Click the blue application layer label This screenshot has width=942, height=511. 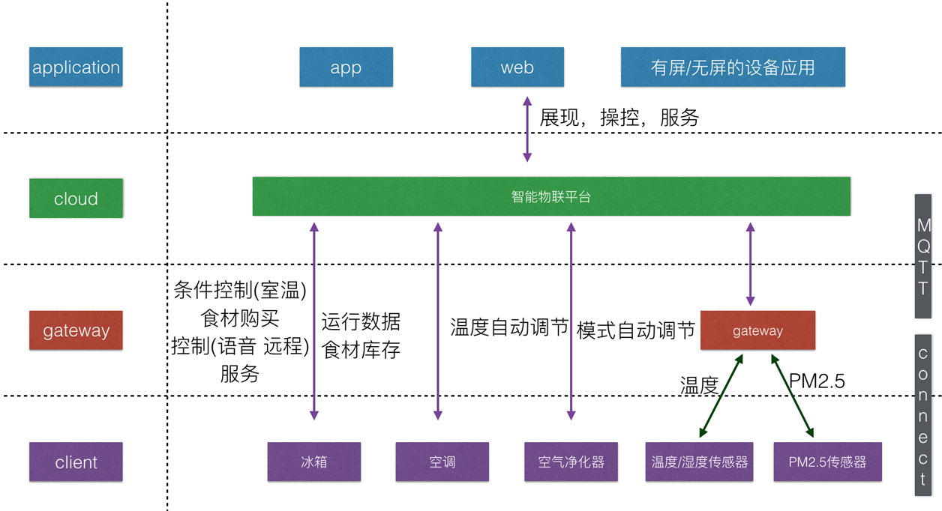76,67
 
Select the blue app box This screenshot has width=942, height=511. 346,67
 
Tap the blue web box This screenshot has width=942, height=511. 517,67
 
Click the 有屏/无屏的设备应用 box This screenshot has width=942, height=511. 733,67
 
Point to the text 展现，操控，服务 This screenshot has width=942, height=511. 619,118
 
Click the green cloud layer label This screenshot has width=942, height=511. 76,199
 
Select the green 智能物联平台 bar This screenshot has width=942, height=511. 551,197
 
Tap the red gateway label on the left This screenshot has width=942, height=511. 76,330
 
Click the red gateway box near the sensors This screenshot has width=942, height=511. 757,330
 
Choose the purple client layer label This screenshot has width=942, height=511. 76,462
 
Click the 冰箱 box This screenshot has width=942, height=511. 313,462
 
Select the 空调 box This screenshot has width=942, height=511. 442,462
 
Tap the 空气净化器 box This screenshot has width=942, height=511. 571,462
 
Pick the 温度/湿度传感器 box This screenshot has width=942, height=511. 699,462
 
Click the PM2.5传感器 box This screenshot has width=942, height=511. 827,462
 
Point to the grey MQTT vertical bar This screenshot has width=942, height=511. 923,256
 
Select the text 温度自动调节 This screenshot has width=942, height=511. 509,328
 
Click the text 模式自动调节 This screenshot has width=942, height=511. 636,330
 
